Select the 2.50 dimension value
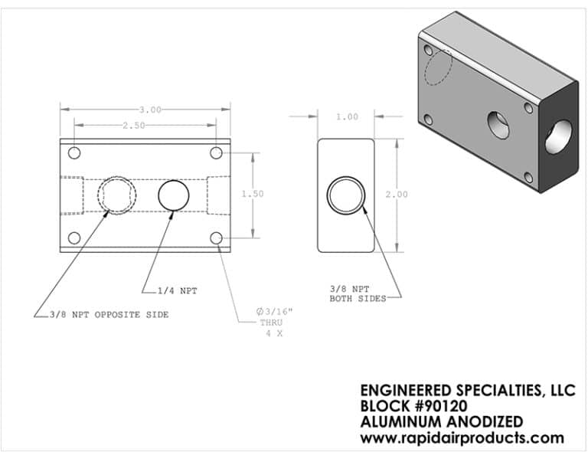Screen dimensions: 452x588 pyautogui.click(x=133, y=126)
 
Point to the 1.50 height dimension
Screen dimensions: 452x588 pyautogui.click(x=253, y=194)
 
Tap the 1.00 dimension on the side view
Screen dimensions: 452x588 pyautogui.click(x=347, y=117)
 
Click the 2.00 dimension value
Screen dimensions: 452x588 pyautogui.click(x=397, y=195)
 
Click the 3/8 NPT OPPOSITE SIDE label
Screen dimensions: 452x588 pyautogui.click(x=106, y=314)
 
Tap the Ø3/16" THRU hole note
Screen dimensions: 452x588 pyautogui.click(x=275, y=323)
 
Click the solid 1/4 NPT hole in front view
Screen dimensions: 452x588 pyautogui.click(x=174, y=195)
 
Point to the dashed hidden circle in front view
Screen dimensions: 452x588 pyautogui.click(x=117, y=194)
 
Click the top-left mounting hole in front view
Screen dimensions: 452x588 pyautogui.click(x=74, y=152)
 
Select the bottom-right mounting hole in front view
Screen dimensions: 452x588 pyautogui.click(x=217, y=238)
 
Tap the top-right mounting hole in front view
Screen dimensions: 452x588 pyautogui.click(x=217, y=152)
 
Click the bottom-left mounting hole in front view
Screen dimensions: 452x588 pyautogui.click(x=74, y=238)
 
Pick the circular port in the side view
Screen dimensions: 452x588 pyautogui.click(x=346, y=195)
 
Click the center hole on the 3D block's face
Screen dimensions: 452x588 pyautogui.click(x=500, y=124)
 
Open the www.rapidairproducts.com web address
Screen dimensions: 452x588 pyautogui.click(x=462, y=438)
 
